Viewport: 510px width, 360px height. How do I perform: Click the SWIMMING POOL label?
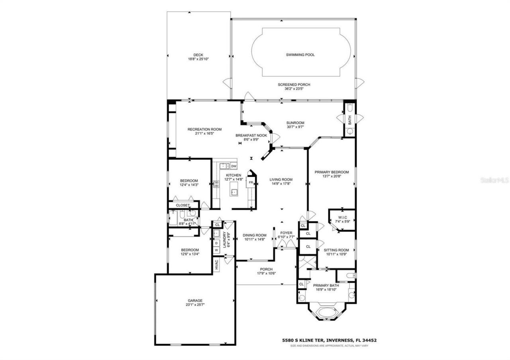pos(300,55)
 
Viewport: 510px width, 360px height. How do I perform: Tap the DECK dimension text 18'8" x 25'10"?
pos(198,59)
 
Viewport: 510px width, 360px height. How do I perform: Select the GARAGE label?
pos(195,301)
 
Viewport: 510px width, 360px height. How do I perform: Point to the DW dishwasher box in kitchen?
pos(234,166)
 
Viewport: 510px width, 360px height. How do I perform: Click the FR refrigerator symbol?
pos(251,183)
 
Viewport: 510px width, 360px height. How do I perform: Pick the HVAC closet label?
pos(216,265)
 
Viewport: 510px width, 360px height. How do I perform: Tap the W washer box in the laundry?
pos(216,250)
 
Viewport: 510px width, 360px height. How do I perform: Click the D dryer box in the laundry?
pos(216,243)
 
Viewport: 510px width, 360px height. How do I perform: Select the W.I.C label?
pos(341,217)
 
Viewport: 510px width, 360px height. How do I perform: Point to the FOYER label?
pos(286,233)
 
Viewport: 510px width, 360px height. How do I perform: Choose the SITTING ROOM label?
pos(336,250)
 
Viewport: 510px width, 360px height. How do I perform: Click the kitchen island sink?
pos(234,192)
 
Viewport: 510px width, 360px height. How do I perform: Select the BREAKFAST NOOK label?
pos(251,135)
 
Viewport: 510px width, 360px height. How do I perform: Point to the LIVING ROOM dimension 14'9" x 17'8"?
pos(281,184)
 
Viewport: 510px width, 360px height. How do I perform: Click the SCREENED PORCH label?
pos(294,84)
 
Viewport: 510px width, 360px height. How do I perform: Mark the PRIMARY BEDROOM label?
pos(331,172)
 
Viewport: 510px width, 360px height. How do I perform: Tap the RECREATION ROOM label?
pos(204,129)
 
